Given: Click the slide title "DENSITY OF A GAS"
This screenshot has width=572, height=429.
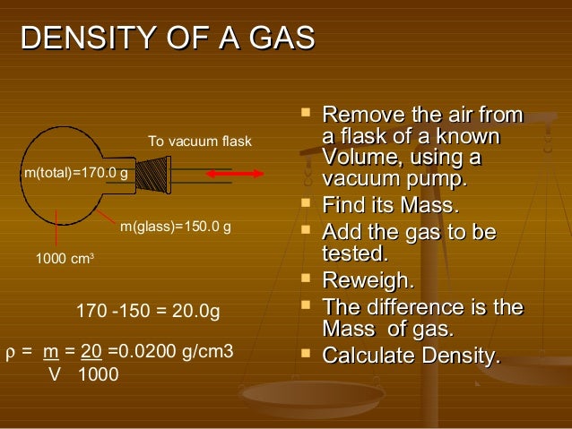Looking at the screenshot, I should pyautogui.click(x=168, y=39).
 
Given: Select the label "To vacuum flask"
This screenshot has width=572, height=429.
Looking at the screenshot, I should pyautogui.click(x=200, y=142).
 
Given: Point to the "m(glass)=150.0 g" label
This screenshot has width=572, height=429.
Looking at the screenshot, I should pyautogui.click(x=176, y=227).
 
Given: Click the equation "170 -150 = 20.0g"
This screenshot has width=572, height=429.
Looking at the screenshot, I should pyautogui.click(x=147, y=312).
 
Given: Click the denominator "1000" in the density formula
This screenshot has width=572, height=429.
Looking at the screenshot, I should pyautogui.click(x=98, y=374).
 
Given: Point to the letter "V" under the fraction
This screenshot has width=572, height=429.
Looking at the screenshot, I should pyautogui.click(x=53, y=374).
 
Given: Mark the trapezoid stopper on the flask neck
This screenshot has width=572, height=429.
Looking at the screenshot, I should pyautogui.click(x=156, y=174).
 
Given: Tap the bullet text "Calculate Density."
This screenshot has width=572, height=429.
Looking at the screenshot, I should pyautogui.click(x=411, y=356).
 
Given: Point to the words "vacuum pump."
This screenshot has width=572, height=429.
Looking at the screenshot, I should pyautogui.click(x=394, y=179).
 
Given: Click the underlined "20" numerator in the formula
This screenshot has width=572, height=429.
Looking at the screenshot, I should pyautogui.click(x=91, y=351).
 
